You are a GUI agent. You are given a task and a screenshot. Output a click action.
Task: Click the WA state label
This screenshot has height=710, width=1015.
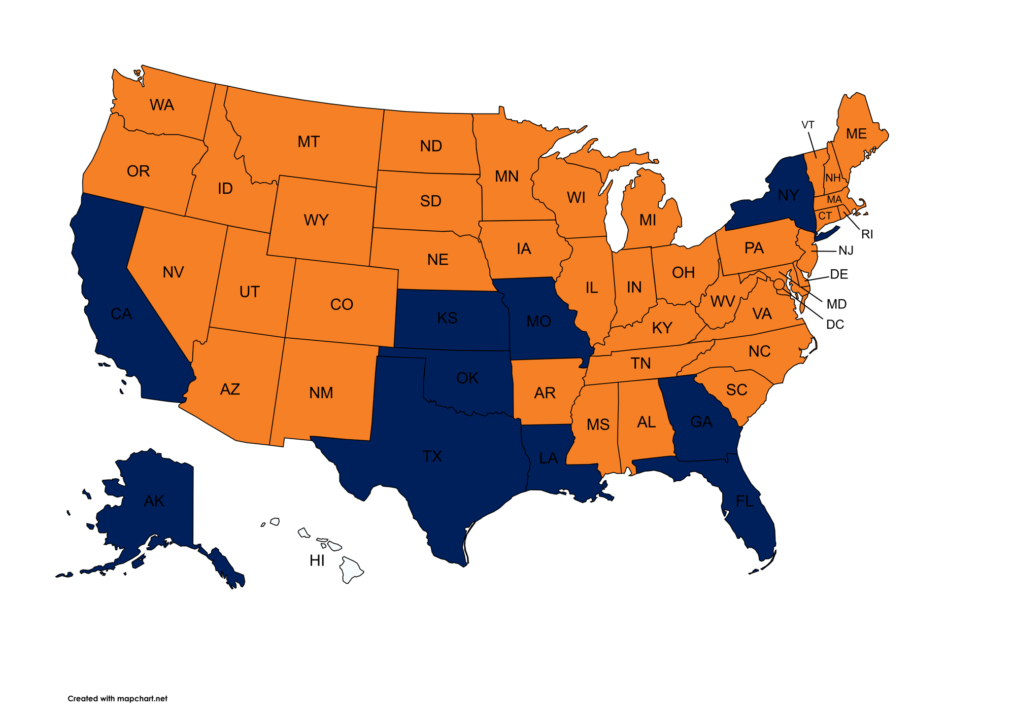tap(162, 105)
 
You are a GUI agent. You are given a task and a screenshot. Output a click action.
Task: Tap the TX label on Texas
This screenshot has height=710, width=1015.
tap(432, 456)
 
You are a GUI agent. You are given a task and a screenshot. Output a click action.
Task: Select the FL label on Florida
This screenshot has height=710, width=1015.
tap(745, 502)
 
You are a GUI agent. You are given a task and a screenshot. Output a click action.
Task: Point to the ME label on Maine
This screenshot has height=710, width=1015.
tap(856, 134)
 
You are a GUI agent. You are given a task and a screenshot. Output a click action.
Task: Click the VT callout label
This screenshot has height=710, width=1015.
tap(807, 125)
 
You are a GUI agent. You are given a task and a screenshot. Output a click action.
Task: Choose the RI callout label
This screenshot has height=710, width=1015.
tap(867, 234)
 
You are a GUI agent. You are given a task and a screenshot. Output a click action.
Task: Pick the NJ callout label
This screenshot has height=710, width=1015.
tap(845, 251)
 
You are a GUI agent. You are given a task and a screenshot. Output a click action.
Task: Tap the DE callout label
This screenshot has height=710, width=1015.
tap(839, 274)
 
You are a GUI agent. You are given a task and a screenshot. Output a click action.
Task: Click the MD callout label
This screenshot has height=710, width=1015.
tap(836, 304)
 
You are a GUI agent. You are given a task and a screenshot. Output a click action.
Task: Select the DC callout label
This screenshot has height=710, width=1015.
tap(835, 325)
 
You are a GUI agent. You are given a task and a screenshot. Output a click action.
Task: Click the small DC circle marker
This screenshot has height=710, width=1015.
tap(779, 285)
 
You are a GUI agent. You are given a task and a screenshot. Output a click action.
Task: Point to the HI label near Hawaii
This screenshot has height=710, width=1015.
tap(317, 560)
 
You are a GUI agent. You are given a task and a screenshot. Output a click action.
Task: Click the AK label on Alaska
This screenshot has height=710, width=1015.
tap(154, 501)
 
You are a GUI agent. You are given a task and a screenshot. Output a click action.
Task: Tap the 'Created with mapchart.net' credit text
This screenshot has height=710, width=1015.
tap(117, 698)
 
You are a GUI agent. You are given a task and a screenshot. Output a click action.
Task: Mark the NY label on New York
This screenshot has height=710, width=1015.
tap(788, 195)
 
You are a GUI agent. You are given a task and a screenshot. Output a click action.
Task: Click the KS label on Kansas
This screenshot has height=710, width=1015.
tap(447, 318)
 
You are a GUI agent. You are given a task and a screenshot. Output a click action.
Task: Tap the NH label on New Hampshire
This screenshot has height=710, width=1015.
tap(833, 178)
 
